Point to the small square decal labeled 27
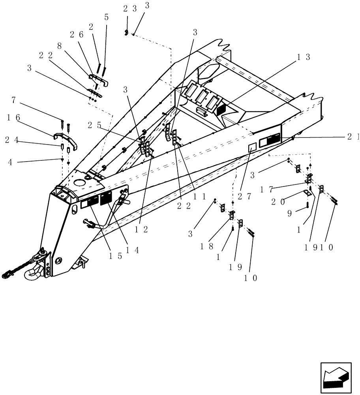point(252,147)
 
